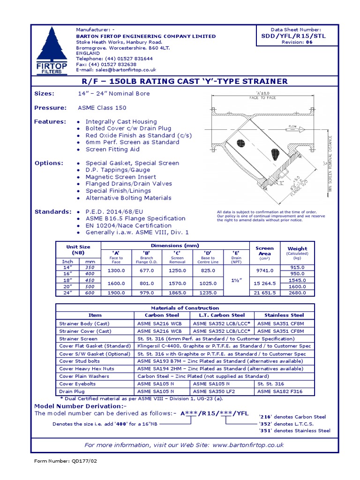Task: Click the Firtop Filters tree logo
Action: (51, 49)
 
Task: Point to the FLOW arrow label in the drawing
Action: (293, 127)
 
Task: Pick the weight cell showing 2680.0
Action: (297, 292)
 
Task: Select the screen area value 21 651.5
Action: (265, 292)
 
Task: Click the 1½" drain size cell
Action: (237, 280)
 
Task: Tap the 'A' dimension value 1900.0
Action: (116, 292)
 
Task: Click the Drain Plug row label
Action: (73, 391)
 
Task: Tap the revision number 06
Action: (309, 42)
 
